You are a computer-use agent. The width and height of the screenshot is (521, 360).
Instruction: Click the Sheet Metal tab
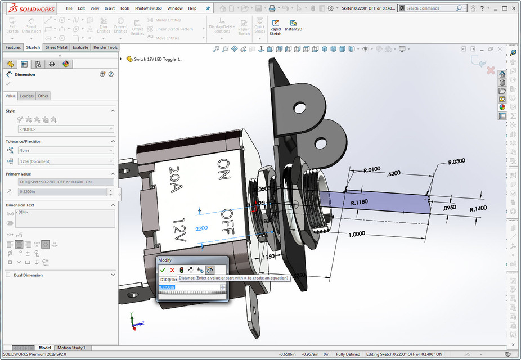click(56, 48)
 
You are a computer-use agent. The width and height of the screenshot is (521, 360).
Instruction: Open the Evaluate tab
click(80, 48)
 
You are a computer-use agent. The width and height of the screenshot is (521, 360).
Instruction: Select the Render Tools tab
click(105, 48)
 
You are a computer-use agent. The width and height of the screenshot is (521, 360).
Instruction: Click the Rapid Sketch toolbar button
click(275, 26)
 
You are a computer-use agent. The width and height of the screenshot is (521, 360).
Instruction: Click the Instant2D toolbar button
click(293, 26)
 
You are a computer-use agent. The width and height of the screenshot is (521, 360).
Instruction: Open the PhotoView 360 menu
click(148, 8)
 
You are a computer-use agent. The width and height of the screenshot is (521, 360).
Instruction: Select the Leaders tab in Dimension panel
click(26, 96)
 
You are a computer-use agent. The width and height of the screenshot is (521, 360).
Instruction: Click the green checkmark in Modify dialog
click(163, 270)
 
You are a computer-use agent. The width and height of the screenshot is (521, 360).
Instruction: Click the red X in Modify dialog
click(172, 270)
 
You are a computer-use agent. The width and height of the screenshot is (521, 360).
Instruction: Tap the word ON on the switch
click(223, 169)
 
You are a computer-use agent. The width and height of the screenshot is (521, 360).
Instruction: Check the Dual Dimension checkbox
click(8, 275)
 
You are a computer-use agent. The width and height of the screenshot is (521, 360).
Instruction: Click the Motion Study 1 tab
click(71, 348)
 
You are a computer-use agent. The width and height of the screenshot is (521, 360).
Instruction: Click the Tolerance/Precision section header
click(24, 141)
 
